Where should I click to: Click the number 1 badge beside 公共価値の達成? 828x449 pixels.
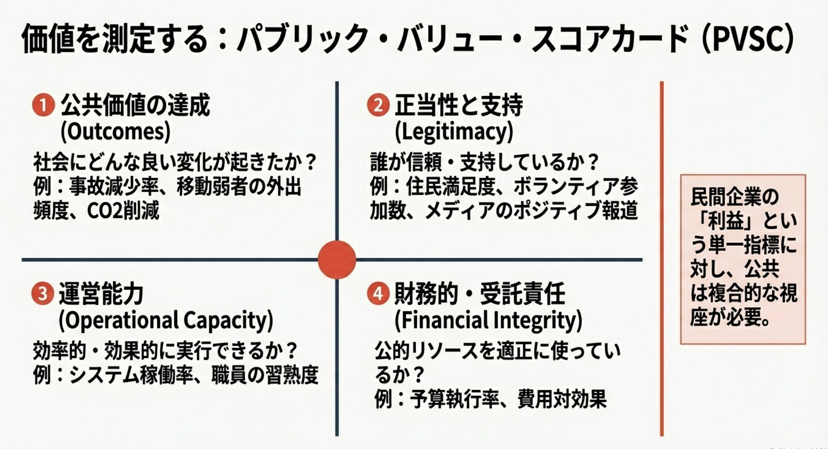43,105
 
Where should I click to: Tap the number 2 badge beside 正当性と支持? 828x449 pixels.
378,105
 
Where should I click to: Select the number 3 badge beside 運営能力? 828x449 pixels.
43,294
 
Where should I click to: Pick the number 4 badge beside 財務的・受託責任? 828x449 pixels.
378,294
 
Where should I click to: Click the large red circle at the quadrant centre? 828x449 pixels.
337,260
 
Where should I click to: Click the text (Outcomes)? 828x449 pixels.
115,131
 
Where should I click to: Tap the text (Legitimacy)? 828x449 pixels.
454,131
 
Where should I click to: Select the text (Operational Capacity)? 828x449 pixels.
166,320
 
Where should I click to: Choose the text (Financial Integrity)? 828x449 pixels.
488,320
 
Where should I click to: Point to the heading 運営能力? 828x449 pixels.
101,294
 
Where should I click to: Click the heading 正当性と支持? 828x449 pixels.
459,105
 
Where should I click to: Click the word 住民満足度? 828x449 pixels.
450,186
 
